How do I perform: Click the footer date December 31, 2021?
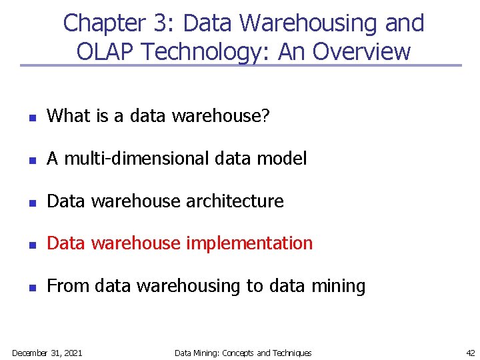tap(47, 353)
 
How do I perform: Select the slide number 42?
tap(470, 353)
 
